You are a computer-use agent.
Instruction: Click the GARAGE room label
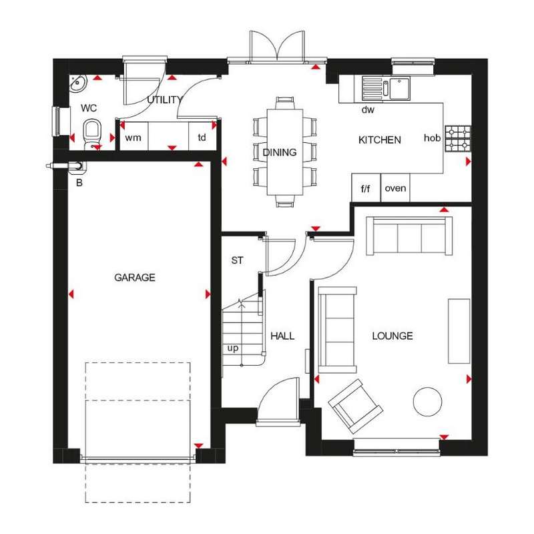click(x=135, y=278)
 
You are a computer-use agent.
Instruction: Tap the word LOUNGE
click(x=392, y=336)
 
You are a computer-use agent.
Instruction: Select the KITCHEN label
click(x=380, y=140)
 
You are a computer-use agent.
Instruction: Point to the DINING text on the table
click(x=280, y=152)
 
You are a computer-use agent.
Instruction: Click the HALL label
click(x=282, y=336)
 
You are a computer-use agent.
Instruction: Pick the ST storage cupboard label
click(x=237, y=260)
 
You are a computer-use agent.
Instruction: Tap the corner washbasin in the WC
click(x=78, y=83)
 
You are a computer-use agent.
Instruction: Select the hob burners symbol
click(x=458, y=138)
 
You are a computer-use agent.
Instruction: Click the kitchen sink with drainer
click(x=386, y=88)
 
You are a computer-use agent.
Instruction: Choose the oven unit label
click(x=395, y=188)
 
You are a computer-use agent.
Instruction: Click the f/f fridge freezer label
click(x=365, y=188)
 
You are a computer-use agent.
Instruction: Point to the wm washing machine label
click(x=133, y=138)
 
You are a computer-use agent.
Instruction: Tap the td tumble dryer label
click(x=202, y=138)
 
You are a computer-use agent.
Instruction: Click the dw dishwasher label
click(x=368, y=109)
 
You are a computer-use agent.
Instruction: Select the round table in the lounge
click(x=427, y=402)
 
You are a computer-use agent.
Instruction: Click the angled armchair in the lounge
click(x=355, y=407)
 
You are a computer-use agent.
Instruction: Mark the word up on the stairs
click(x=233, y=348)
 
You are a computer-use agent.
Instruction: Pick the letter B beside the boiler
click(x=79, y=183)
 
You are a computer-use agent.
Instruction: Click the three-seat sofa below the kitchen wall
click(x=409, y=236)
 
